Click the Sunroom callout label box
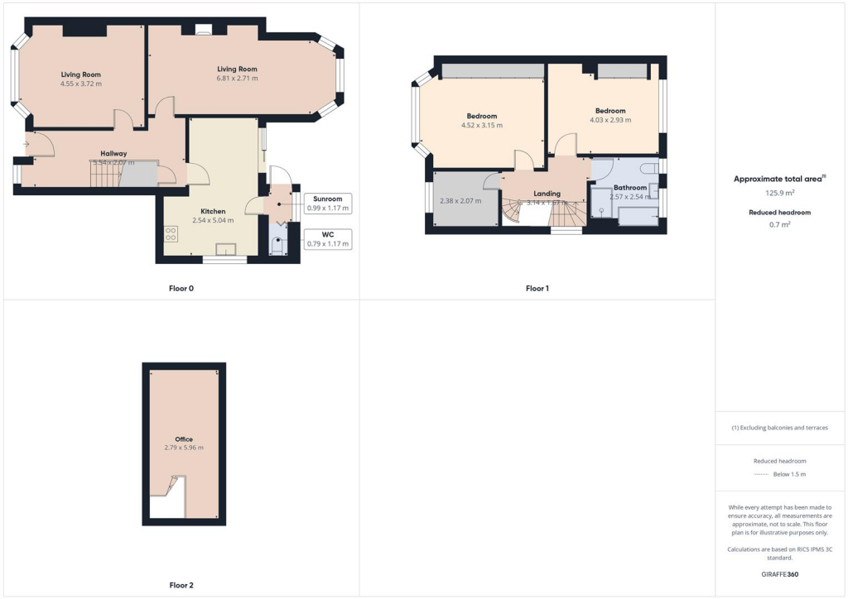(328, 204)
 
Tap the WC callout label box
(328, 238)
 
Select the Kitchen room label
(213, 212)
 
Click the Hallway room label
(113, 154)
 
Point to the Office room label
(184, 439)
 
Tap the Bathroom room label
(630, 188)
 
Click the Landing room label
(547, 194)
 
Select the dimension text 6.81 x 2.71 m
(237, 79)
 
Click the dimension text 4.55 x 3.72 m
(80, 84)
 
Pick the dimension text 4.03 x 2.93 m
(610, 120)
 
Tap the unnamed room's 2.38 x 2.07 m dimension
(460, 201)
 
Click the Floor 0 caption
(181, 289)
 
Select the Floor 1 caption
(537, 289)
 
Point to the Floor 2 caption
(181, 586)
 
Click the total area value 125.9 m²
(780, 193)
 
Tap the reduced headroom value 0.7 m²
(780, 224)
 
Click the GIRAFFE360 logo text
(780, 574)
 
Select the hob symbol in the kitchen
(171, 234)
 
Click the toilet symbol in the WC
(277, 246)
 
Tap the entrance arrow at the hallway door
(27, 145)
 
